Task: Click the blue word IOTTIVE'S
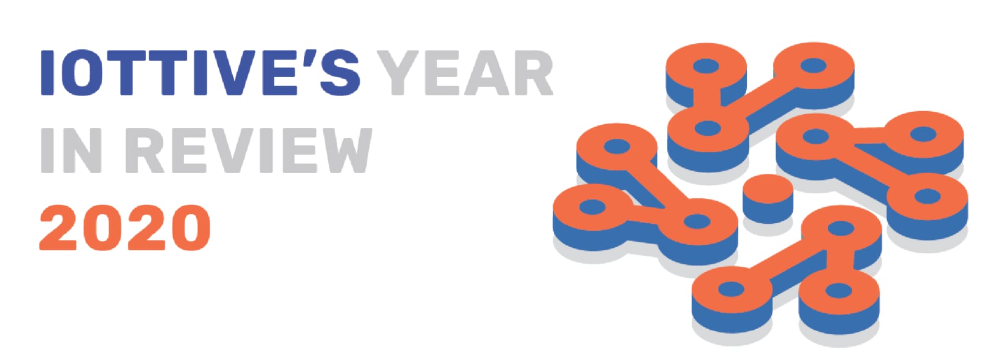click(200, 73)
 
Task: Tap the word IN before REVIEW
click(71, 150)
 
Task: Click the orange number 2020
click(125, 227)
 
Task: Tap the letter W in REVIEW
click(341, 150)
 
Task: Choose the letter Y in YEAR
click(399, 73)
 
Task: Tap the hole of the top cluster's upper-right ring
click(813, 66)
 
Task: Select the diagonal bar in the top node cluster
click(760, 99)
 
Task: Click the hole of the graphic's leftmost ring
click(592, 207)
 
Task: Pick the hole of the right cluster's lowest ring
click(928, 197)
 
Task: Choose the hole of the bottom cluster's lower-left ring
click(731, 289)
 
